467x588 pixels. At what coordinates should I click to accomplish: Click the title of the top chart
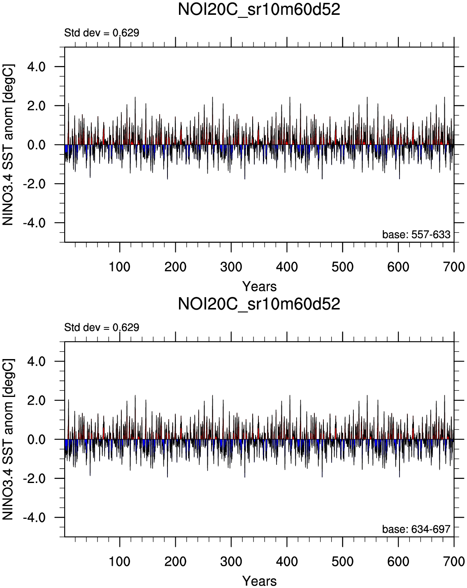pyautogui.click(x=259, y=9)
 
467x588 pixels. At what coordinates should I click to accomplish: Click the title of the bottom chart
pyautogui.click(x=259, y=304)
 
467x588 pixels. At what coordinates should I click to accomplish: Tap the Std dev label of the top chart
pyautogui.click(x=102, y=33)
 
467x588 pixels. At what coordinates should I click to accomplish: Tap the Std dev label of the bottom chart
pyautogui.click(x=102, y=327)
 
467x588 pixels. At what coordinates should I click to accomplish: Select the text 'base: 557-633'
pyautogui.click(x=416, y=235)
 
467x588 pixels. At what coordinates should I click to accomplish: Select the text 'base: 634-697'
pyautogui.click(x=416, y=529)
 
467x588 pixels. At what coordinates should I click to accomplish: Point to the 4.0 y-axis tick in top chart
pyautogui.click(x=36, y=67)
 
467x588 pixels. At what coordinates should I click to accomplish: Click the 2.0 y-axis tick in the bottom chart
pyautogui.click(x=36, y=400)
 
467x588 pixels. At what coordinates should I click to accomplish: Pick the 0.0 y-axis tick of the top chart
pyautogui.click(x=36, y=145)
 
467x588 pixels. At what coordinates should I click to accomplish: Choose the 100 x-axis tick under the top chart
pyautogui.click(x=120, y=267)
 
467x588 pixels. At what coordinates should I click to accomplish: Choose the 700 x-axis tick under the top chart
pyautogui.click(x=454, y=267)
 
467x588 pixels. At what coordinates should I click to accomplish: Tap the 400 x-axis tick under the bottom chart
pyautogui.click(x=287, y=561)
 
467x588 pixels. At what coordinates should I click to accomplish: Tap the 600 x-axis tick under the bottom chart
pyautogui.click(x=398, y=561)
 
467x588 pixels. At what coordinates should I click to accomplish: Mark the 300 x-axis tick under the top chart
pyautogui.click(x=231, y=267)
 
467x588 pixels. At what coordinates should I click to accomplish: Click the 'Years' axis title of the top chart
pyautogui.click(x=259, y=286)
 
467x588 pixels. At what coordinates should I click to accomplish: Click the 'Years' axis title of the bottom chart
pyautogui.click(x=259, y=581)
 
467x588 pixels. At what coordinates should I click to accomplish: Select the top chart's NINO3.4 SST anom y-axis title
pyautogui.click(x=9, y=145)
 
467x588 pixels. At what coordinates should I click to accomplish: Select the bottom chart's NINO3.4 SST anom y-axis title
pyautogui.click(x=9, y=439)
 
